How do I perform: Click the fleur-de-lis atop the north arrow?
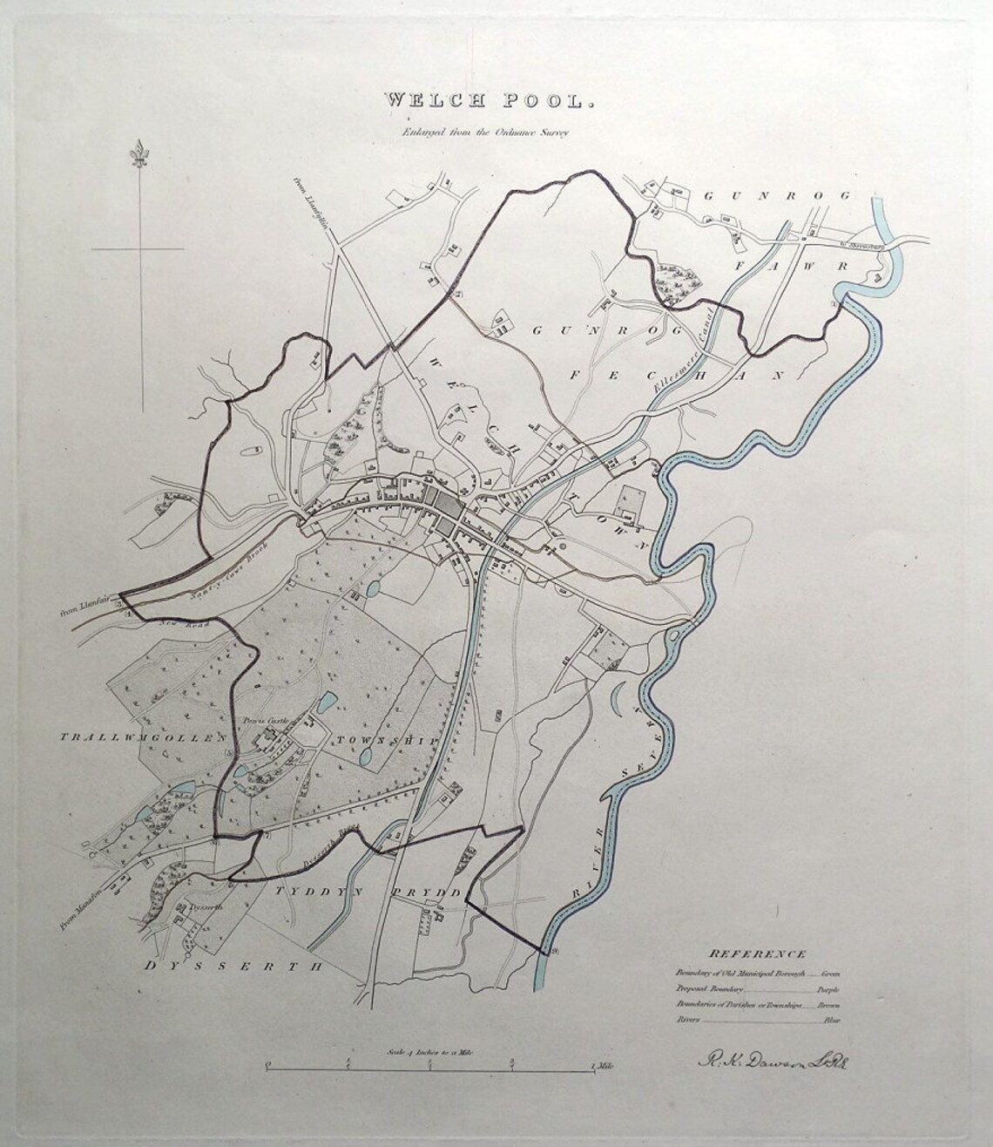[138, 156]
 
